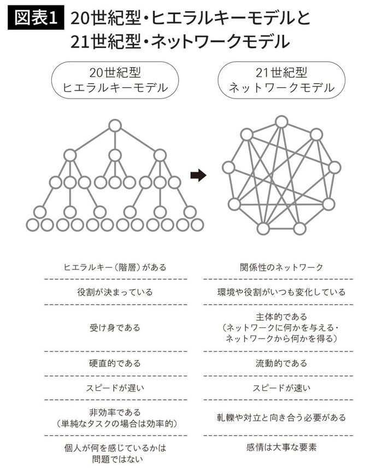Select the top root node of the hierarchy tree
(x=114, y=126)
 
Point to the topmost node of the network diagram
(x=281, y=121)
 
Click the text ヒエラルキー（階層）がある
(x=115, y=267)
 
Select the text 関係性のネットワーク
(x=281, y=267)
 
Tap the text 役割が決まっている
(x=115, y=292)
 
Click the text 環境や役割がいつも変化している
(x=281, y=292)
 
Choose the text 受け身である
(x=115, y=328)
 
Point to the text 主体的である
(x=281, y=317)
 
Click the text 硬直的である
(x=115, y=364)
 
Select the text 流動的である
(x=281, y=364)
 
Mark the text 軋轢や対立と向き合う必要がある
(x=281, y=418)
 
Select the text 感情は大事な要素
(x=281, y=448)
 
